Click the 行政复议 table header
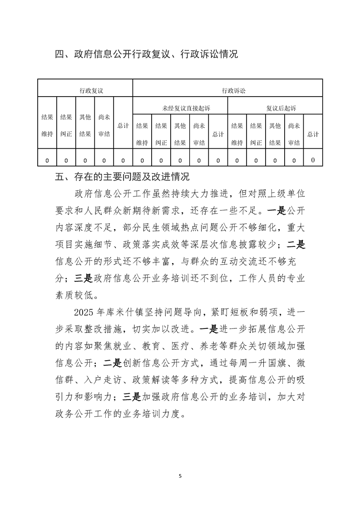tap(91, 91)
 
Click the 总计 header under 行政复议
tap(123, 125)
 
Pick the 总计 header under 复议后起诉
tap(313, 134)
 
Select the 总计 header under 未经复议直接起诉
tap(218, 134)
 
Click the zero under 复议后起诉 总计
tap(313, 160)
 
